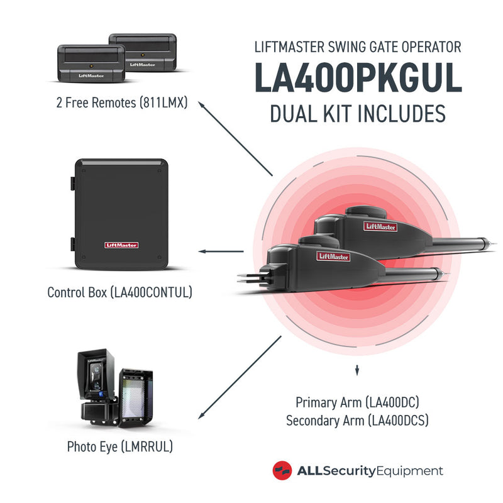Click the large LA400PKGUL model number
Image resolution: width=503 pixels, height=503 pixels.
pos(357,79)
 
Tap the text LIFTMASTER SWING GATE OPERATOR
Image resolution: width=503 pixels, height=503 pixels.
pos(357,47)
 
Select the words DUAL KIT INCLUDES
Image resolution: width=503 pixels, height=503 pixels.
pos(357,114)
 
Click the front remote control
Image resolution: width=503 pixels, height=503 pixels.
pos(92,64)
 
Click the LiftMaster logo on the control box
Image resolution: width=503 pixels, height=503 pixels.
pos(121,245)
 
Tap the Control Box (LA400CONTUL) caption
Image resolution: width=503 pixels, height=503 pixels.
pos(119,292)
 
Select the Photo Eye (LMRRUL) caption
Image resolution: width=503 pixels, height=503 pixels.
pos(119,447)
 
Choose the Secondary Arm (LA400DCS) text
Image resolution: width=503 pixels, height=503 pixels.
pos(357,421)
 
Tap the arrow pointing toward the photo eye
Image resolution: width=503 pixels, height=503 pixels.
pos(239,377)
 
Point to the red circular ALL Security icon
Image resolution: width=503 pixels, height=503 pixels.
pos(282,471)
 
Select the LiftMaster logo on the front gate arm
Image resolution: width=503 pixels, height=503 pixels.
pos(333,255)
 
